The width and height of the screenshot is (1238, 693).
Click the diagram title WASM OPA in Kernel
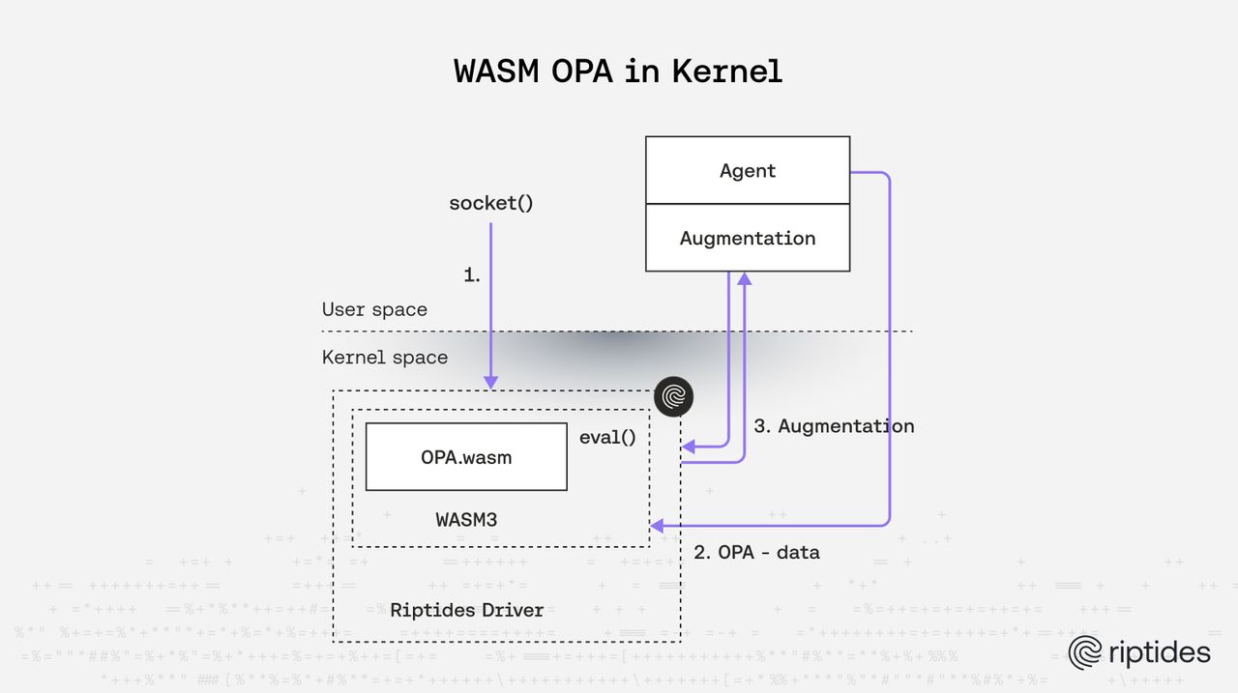click(x=618, y=72)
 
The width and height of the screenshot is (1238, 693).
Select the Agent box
click(x=748, y=170)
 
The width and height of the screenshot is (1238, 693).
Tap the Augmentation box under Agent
click(x=748, y=238)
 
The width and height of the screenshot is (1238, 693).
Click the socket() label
click(x=491, y=204)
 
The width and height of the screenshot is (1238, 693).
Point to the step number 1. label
click(x=472, y=274)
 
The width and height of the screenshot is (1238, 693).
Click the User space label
click(x=374, y=309)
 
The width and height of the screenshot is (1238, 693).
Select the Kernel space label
click(x=385, y=358)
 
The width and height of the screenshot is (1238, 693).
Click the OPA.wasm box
click(x=466, y=457)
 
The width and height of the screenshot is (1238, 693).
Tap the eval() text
click(x=607, y=437)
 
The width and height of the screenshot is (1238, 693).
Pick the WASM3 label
click(x=466, y=519)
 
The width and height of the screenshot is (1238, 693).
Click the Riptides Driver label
click(x=466, y=610)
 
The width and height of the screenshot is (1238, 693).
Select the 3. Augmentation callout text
click(x=834, y=426)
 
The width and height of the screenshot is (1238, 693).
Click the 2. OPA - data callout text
click(x=757, y=553)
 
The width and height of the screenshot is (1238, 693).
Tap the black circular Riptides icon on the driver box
click(x=674, y=396)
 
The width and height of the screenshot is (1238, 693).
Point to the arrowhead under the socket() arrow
click(x=491, y=383)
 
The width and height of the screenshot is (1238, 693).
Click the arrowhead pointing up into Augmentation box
click(x=744, y=279)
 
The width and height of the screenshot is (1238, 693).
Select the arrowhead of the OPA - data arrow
click(x=657, y=526)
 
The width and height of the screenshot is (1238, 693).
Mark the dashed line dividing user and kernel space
click(x=619, y=332)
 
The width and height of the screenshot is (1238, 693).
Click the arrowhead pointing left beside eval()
click(x=688, y=447)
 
